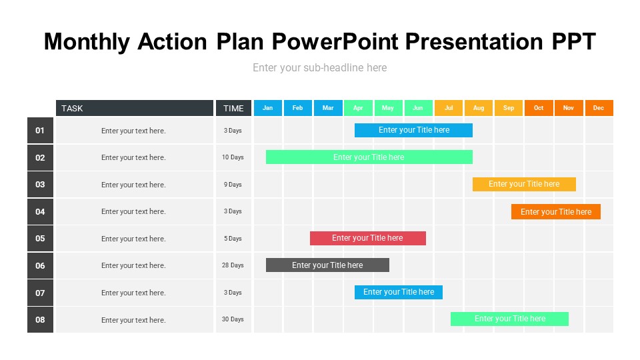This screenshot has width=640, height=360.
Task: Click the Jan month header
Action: coord(268,108)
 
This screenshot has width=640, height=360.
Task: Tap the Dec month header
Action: coord(599,108)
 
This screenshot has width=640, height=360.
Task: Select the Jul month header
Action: coord(449,108)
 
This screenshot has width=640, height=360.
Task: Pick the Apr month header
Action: coord(358,108)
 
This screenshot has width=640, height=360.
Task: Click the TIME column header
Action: coord(233,108)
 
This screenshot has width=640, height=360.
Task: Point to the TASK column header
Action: coord(135,108)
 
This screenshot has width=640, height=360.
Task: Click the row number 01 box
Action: coord(40,131)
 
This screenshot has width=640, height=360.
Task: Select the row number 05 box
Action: coord(40,239)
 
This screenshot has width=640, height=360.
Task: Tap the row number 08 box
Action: coord(40,319)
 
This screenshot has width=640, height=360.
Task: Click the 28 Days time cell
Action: coord(233,265)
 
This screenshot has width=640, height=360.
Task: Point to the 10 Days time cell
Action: coord(233,157)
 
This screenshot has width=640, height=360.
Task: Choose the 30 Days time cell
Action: coord(233,319)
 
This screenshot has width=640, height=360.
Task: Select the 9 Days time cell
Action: coord(233,185)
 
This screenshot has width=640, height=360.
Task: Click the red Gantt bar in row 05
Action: coord(368,238)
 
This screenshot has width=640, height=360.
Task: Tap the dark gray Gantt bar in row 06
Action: coord(327,265)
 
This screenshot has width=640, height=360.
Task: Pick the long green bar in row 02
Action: coord(369,157)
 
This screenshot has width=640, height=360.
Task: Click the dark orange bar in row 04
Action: coord(556,212)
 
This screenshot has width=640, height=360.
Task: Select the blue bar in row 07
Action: coord(399,292)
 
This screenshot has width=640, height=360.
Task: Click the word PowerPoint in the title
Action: coord(335,41)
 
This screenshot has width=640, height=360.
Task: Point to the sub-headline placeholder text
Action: coord(319,68)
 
